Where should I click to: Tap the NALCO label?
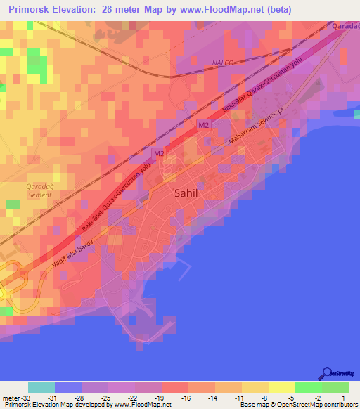(x=223, y=63)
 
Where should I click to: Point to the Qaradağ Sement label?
(x=39, y=191)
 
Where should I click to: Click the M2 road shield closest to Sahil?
(x=160, y=153)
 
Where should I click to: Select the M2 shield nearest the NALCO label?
(x=204, y=125)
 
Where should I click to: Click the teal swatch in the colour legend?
(x=41, y=387)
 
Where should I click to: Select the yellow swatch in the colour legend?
(x=282, y=387)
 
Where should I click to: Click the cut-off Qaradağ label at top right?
(x=345, y=26)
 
